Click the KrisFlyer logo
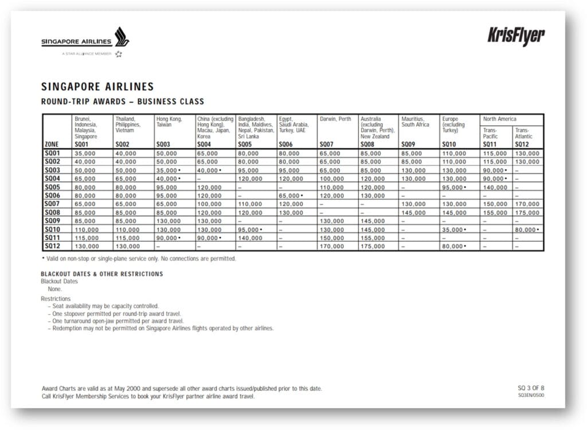click(x=516, y=36)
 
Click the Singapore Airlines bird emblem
click(x=122, y=37)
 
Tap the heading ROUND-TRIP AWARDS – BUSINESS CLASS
click(x=122, y=102)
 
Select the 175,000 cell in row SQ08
click(x=527, y=212)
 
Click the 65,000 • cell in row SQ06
click(x=292, y=196)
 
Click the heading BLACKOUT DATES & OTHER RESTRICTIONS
click(x=102, y=274)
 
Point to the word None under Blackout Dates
click(x=54, y=289)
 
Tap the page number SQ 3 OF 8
click(x=531, y=388)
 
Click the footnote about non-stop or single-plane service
click(x=138, y=259)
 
